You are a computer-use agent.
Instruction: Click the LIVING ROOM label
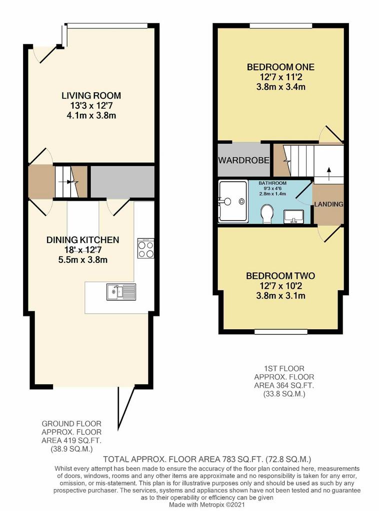click(x=91, y=96)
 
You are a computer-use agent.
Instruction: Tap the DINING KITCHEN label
click(x=82, y=240)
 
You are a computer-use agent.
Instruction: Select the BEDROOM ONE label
click(x=280, y=67)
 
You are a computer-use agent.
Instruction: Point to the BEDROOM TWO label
click(x=280, y=276)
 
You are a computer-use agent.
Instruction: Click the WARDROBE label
click(x=244, y=160)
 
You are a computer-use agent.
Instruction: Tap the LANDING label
click(x=328, y=204)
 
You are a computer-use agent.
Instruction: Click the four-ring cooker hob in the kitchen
click(x=145, y=249)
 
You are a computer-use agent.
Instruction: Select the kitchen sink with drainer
click(x=121, y=291)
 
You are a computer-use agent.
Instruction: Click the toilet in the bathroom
click(x=267, y=214)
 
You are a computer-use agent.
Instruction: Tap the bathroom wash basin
click(x=294, y=217)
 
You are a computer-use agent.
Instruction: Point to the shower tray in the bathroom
click(x=233, y=202)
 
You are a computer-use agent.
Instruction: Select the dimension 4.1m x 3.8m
click(x=91, y=116)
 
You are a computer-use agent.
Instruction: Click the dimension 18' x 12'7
click(x=82, y=251)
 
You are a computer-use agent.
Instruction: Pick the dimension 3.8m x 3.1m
click(x=280, y=296)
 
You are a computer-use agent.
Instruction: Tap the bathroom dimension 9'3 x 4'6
click(x=272, y=188)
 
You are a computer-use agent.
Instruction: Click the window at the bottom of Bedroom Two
click(x=280, y=332)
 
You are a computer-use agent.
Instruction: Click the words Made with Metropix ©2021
click(x=206, y=505)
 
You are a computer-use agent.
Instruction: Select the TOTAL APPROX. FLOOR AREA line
click(x=207, y=460)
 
